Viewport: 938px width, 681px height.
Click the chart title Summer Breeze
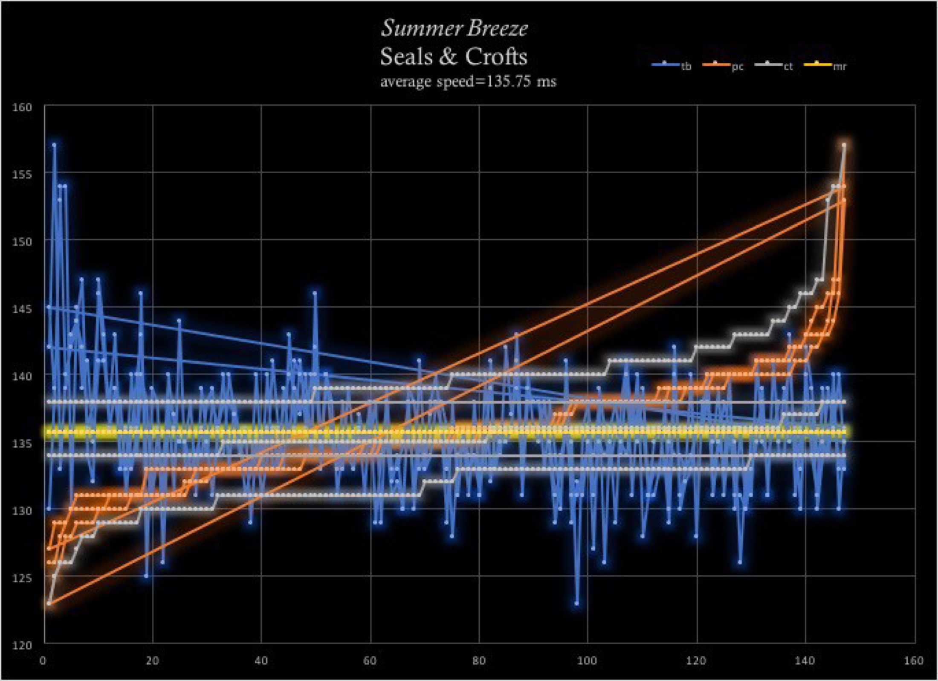(x=454, y=29)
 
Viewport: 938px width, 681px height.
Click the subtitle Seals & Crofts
(x=454, y=57)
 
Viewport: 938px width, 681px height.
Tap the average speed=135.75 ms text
(x=468, y=81)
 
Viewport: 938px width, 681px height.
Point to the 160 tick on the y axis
(x=22, y=107)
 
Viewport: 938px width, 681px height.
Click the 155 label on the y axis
(x=22, y=174)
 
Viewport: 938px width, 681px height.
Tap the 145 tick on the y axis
(x=22, y=308)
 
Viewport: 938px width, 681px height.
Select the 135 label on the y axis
(x=22, y=443)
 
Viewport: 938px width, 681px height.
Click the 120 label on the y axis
(x=22, y=645)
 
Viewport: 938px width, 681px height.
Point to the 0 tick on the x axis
(x=43, y=661)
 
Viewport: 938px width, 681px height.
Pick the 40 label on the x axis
(x=261, y=661)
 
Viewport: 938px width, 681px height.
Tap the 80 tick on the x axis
(x=479, y=661)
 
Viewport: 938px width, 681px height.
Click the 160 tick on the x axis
(x=914, y=661)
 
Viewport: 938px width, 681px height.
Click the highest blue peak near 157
(x=55, y=145)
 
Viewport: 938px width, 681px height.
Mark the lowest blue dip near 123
(x=576, y=603)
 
